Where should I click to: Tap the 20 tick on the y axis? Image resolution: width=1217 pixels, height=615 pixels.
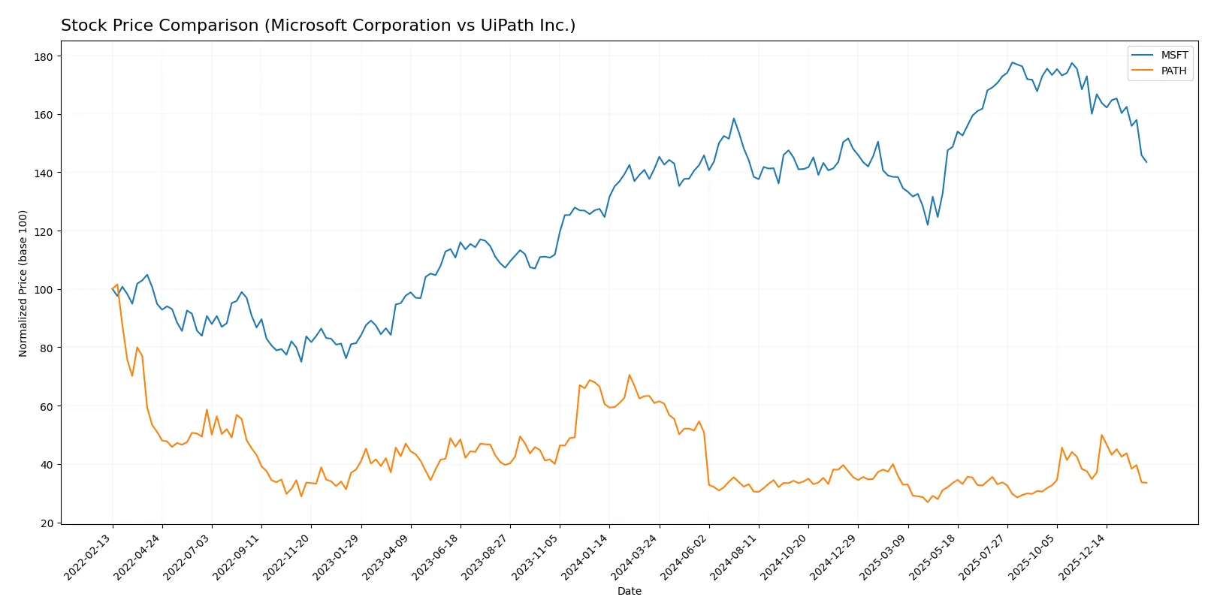click(47, 523)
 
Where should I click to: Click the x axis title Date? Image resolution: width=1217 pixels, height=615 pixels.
click(629, 591)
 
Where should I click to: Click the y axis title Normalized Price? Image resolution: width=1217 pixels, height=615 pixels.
click(23, 283)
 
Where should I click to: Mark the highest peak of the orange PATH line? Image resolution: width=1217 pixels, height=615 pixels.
click(630, 375)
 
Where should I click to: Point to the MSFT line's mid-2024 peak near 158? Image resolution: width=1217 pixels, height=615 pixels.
click(734, 119)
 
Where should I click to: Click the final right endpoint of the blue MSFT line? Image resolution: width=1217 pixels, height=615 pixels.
click(1146, 162)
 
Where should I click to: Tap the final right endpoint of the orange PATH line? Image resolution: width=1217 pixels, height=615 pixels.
click(1146, 483)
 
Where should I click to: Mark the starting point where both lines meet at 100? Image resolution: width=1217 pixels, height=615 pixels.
click(113, 289)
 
